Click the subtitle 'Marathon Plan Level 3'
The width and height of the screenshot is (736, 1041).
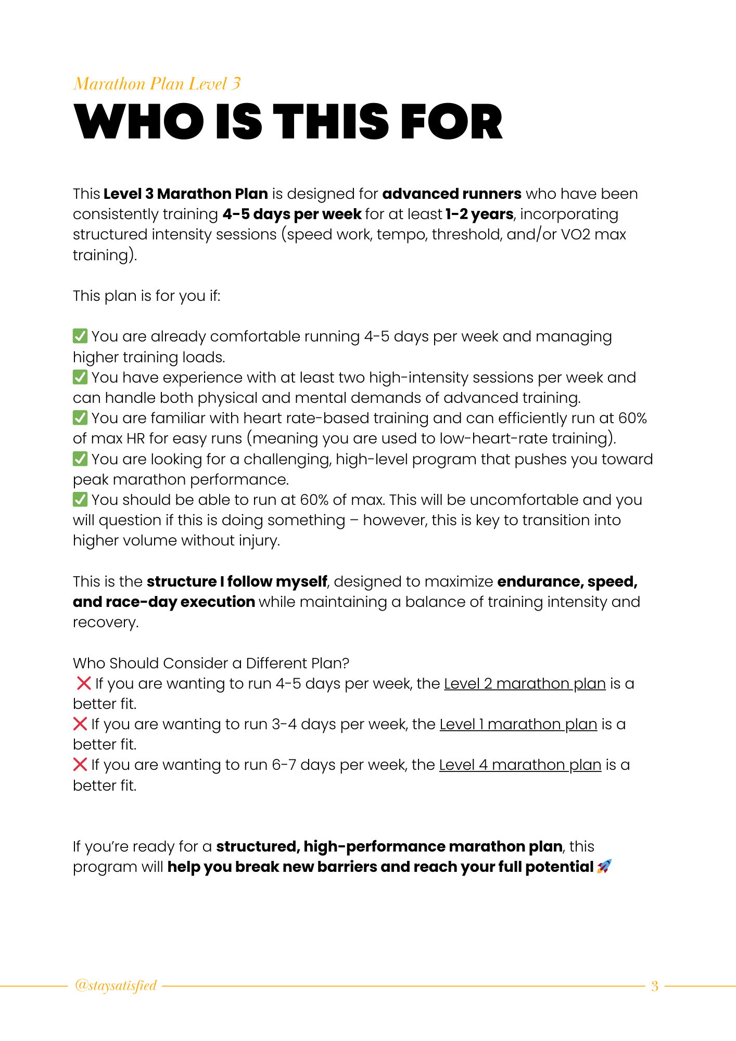click(x=157, y=84)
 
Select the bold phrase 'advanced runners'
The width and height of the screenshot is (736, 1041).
click(x=451, y=194)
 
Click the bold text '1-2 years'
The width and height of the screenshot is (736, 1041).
click(x=479, y=214)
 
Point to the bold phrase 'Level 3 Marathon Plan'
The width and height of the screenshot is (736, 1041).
click(x=185, y=194)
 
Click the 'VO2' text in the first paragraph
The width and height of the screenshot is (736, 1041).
click(x=575, y=234)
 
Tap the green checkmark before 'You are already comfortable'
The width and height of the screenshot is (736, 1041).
click(x=80, y=336)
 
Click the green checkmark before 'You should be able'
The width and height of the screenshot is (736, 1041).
click(x=80, y=500)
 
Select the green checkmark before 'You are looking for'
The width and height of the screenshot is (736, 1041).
click(x=80, y=459)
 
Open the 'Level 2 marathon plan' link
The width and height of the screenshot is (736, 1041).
click(x=524, y=683)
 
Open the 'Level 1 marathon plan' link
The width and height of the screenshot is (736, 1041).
click(x=518, y=724)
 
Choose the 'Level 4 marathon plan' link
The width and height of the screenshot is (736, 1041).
click(x=520, y=765)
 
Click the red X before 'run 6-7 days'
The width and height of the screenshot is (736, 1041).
click(x=80, y=765)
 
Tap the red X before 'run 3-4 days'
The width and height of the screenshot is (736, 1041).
click(x=80, y=724)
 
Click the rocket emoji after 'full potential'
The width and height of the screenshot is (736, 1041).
click(x=604, y=867)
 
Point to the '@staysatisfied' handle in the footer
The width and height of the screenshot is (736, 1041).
click(x=116, y=985)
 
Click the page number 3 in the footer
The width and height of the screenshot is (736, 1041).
click(x=655, y=986)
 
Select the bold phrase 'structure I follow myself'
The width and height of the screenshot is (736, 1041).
click(x=237, y=581)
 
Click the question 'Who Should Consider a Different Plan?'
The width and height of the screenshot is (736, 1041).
click(x=211, y=663)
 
